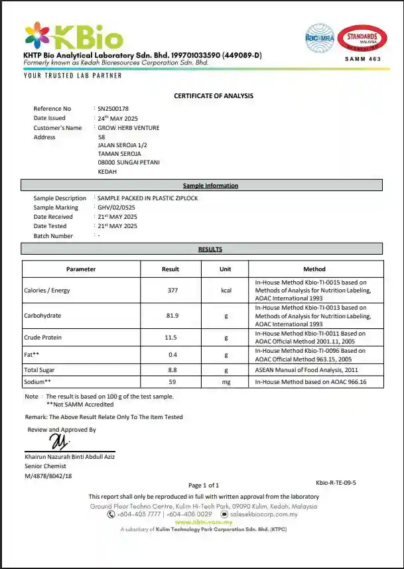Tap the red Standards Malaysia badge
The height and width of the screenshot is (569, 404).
362,38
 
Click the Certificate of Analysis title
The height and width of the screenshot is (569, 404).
214,96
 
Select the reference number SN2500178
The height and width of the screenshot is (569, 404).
113,109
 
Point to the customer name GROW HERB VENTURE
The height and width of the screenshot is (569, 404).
128,128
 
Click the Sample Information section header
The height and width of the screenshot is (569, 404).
210,186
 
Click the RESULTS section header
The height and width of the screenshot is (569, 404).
210,249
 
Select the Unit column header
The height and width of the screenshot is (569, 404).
226,269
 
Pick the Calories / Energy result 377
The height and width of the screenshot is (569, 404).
172,290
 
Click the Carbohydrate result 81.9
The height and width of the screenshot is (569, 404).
172,316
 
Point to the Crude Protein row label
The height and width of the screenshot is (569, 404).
42,338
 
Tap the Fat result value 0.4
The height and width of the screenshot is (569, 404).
172,355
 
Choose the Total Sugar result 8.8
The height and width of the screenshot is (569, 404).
172,369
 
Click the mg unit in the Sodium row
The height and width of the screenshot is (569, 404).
226,382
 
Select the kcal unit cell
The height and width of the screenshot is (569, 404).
226,290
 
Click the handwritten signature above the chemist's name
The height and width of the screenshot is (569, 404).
60,441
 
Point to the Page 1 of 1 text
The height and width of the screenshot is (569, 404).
204,485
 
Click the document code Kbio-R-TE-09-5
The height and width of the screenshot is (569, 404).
336,483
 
